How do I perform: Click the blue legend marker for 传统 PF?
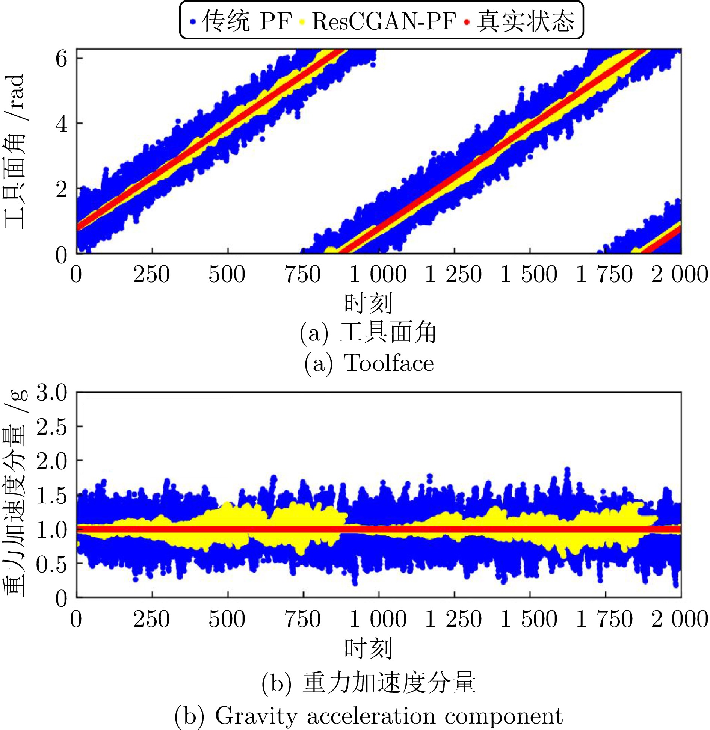193,22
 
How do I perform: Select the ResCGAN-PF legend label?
384,21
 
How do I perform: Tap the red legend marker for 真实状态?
467,22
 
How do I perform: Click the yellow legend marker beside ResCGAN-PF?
302,22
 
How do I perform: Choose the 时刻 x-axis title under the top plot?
368,303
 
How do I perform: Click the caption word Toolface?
389,363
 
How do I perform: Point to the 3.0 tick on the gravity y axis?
52,393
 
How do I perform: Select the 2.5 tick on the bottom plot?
52,427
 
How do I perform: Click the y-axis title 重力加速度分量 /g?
15,492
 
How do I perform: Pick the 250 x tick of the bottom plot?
151,619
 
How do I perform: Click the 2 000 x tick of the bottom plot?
680,619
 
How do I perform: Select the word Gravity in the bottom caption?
256,716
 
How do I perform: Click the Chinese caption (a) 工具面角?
368,333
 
